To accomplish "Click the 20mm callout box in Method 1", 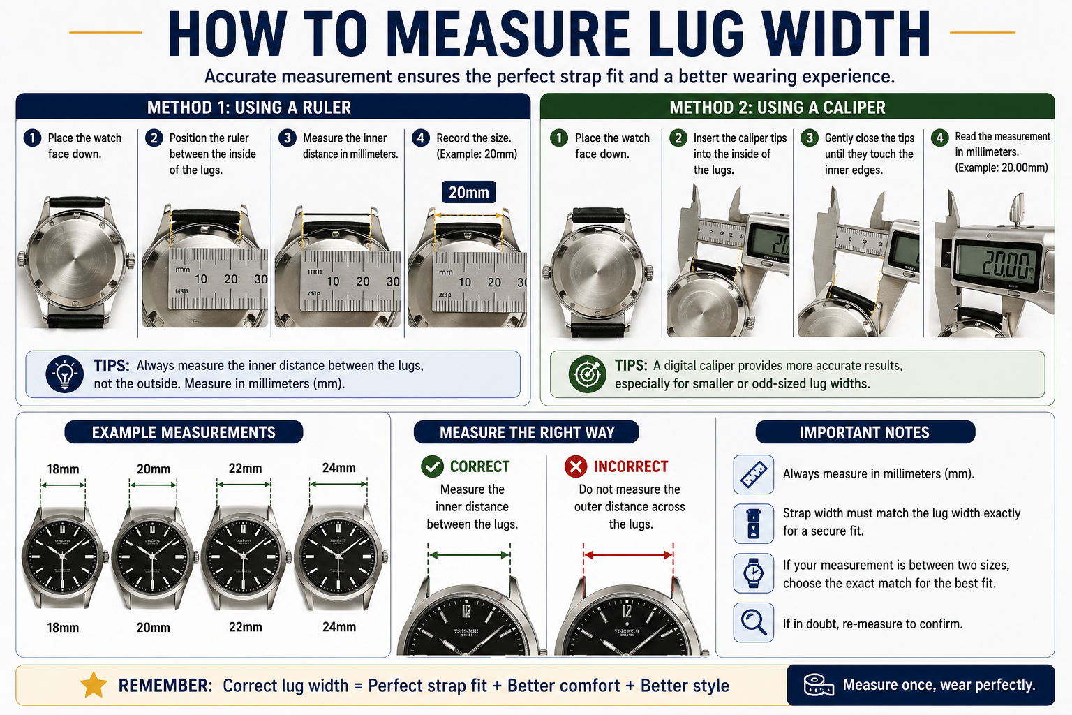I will (x=468, y=192).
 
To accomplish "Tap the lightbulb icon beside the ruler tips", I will (x=65, y=374).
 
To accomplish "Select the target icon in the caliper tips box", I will (x=587, y=374).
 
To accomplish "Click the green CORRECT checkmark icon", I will (x=432, y=466).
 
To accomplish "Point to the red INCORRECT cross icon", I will (x=576, y=466).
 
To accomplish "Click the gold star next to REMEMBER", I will (x=94, y=686).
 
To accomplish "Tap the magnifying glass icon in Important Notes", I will (x=753, y=622).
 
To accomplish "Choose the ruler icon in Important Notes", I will (x=753, y=474).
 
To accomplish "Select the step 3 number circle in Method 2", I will (x=810, y=138).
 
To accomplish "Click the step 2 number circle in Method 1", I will (x=154, y=138).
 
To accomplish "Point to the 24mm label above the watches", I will (x=338, y=468).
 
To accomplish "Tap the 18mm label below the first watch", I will (x=63, y=628).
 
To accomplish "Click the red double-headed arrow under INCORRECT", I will (x=628, y=555).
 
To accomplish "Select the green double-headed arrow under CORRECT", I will (x=469, y=555).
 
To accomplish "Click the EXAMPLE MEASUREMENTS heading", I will (x=184, y=432).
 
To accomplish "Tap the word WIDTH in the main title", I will (x=846, y=35).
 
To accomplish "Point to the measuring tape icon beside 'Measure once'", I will (x=818, y=685).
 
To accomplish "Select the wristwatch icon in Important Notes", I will (x=753, y=573).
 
